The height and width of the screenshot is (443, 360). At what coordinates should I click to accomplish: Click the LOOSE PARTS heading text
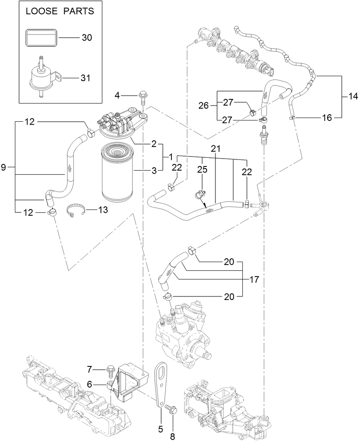point(60,11)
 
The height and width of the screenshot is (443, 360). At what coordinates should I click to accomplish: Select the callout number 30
point(87,38)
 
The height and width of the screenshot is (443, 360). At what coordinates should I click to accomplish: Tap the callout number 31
point(87,77)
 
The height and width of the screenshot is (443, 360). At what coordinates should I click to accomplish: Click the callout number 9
point(4,168)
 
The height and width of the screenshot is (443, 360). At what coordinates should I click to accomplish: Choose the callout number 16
point(327,118)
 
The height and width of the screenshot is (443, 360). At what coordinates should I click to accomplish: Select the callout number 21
point(215,149)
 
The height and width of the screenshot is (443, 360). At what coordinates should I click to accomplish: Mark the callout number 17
point(254,280)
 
